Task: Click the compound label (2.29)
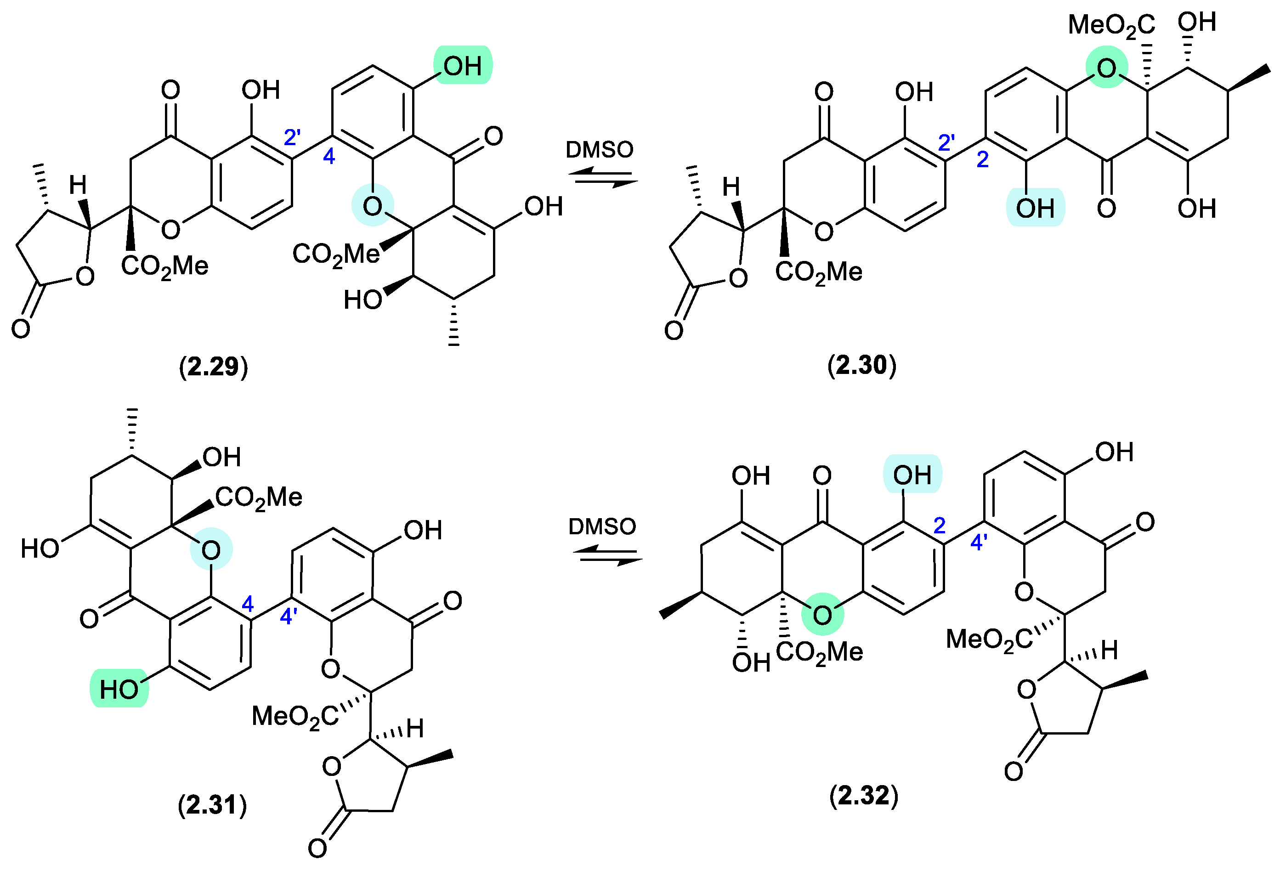click(214, 367)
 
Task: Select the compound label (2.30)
click(862, 365)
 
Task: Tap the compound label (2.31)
click(213, 805)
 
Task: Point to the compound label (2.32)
click(864, 796)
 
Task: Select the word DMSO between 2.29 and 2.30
click(599, 150)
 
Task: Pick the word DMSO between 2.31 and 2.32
click(602, 527)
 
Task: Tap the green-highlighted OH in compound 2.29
click(463, 66)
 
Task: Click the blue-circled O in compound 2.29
click(373, 206)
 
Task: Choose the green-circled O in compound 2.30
click(1106, 69)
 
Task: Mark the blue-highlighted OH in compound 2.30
click(1035, 208)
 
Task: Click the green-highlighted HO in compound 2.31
click(119, 689)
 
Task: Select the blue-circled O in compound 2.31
click(211, 549)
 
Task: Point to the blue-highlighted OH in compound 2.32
click(912, 475)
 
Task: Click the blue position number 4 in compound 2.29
click(329, 157)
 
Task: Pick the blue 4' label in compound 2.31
click(289, 616)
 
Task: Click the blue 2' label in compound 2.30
click(946, 142)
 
